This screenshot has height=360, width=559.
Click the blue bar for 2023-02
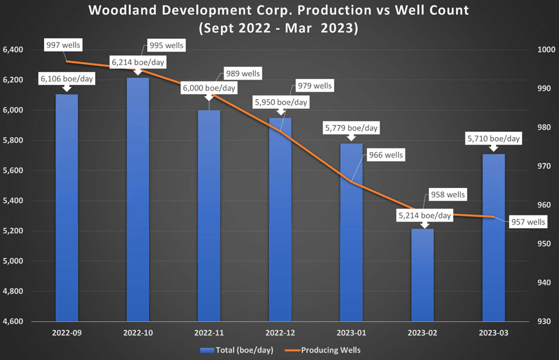pyautogui.click(x=423, y=275)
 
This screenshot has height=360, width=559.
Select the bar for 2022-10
pyautogui.click(x=138, y=201)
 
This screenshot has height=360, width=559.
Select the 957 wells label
pyautogui.click(x=528, y=222)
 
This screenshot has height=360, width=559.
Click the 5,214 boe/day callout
pyautogui.click(x=425, y=216)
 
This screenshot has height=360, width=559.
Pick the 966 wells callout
pyautogui.click(x=385, y=155)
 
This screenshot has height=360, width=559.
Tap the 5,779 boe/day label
pyautogui.click(x=351, y=128)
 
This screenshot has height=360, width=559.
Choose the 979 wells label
pyautogui.click(x=314, y=86)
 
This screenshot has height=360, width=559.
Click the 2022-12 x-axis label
pyautogui.click(x=280, y=332)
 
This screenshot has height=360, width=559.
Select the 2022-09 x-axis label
pyautogui.click(x=67, y=332)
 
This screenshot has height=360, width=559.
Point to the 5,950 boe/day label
pyautogui.click(x=280, y=103)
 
